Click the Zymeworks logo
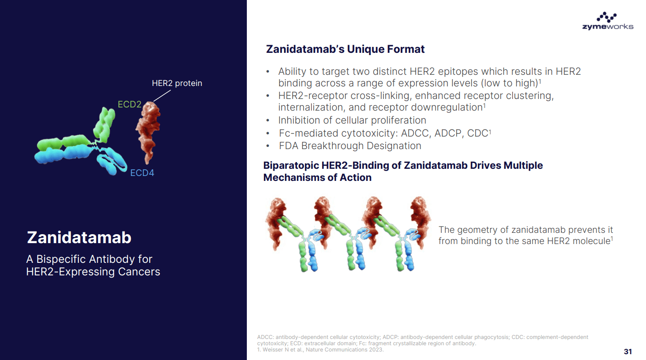(607, 21)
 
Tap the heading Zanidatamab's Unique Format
(345, 49)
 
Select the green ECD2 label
(129, 105)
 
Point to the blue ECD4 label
(142, 173)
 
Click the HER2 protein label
(177, 83)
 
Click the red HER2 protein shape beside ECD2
(147, 130)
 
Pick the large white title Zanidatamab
(79, 237)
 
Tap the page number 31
(628, 351)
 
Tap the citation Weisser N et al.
(283, 350)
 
